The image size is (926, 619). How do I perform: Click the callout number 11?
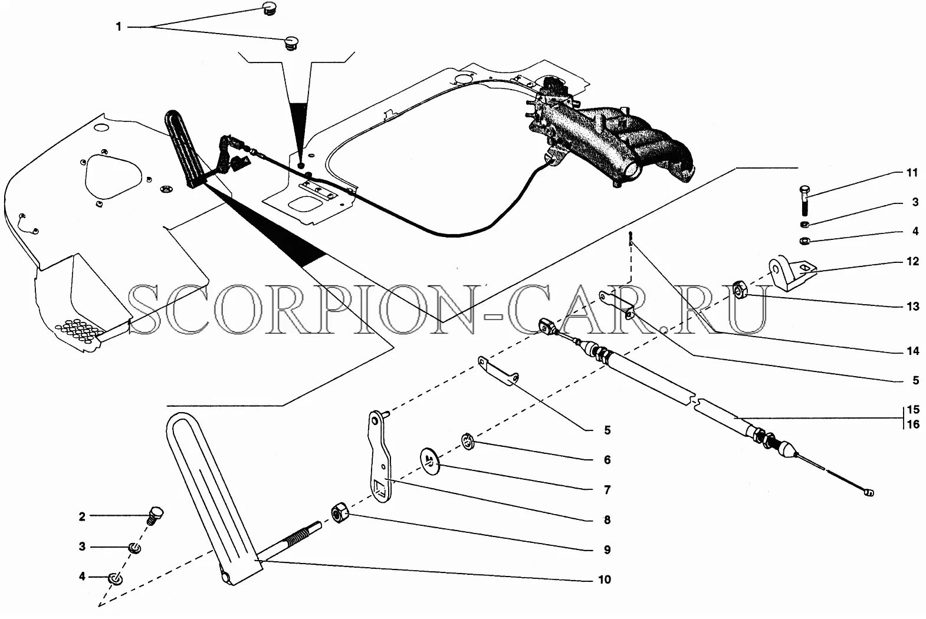click(x=912, y=173)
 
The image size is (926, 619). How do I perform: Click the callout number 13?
click(x=912, y=307)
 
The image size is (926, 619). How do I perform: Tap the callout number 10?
click(x=605, y=580)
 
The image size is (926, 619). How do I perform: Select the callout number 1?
click(x=119, y=27)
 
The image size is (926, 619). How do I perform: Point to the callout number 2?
click(x=82, y=517)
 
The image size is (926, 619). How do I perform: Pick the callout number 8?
click(x=607, y=520)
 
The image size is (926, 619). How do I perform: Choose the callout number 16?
click(x=913, y=424)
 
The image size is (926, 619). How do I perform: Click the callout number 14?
click(x=912, y=351)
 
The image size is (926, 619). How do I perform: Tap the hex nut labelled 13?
click(x=740, y=289)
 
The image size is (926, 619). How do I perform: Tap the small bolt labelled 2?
click(x=156, y=515)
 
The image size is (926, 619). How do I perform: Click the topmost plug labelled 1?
click(x=270, y=10)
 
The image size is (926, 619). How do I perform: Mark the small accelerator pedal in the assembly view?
click(x=184, y=147)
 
